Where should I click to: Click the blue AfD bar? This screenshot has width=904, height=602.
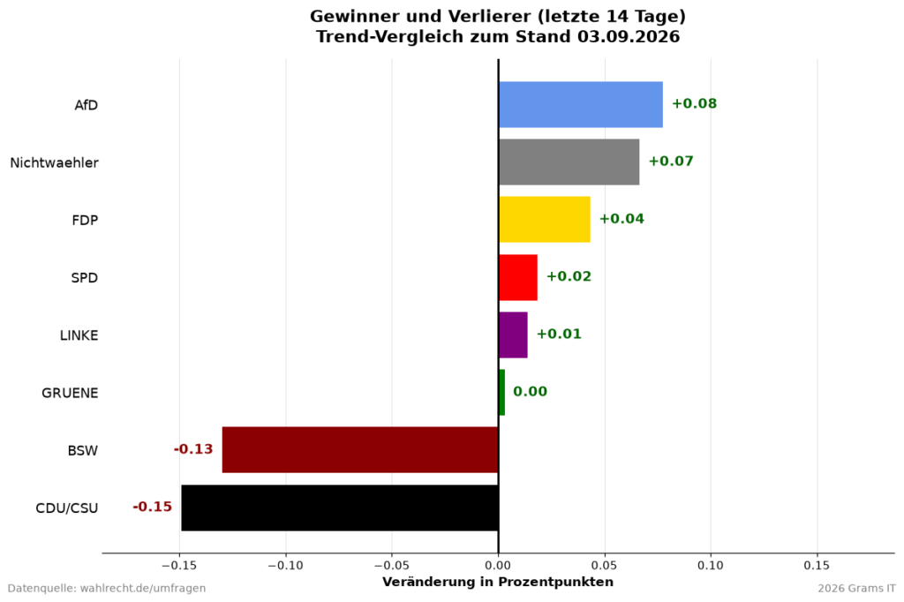[x=581, y=104]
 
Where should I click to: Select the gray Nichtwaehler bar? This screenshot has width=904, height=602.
[x=569, y=162]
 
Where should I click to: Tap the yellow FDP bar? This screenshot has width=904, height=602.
[x=544, y=220]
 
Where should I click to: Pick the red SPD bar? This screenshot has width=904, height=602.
[x=517, y=277]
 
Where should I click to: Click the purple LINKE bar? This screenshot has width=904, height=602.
[x=513, y=335]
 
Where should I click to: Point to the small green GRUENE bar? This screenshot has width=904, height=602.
[x=501, y=393]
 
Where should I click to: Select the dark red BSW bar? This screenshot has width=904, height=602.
[x=360, y=450]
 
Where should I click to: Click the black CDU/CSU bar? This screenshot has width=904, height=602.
[x=340, y=508]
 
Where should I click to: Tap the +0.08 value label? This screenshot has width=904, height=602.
[x=694, y=104]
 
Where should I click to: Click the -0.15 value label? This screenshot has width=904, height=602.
[x=152, y=507]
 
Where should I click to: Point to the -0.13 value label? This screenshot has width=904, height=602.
[x=193, y=449]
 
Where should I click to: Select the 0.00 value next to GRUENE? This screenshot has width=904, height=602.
[x=530, y=392]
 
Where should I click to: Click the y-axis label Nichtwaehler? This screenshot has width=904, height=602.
[x=54, y=163]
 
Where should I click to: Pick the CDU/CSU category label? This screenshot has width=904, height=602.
[x=67, y=508]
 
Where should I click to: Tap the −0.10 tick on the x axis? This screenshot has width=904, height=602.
[x=285, y=566]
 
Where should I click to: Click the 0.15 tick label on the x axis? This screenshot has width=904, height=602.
[x=817, y=566]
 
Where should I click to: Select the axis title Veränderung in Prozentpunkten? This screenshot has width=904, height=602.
[x=498, y=582]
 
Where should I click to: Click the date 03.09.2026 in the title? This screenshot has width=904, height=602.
[x=629, y=37]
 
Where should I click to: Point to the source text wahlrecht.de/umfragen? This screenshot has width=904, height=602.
[x=143, y=589]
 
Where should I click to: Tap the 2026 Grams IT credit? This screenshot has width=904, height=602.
[x=856, y=589]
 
